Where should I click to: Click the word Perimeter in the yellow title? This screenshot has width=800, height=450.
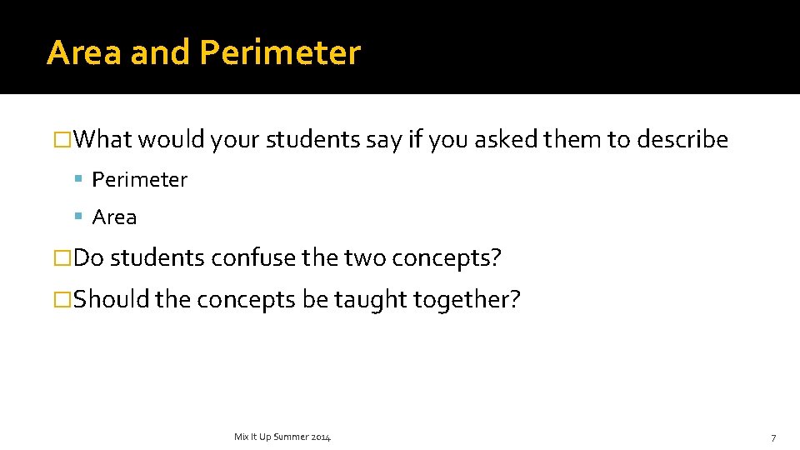280,52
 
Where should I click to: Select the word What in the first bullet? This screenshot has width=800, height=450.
103,139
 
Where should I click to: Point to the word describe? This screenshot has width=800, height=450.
682,139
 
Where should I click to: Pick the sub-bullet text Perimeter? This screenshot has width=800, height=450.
140,179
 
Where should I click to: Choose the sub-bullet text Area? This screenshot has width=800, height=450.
114,217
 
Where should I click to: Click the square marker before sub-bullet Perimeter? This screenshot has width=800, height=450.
77,179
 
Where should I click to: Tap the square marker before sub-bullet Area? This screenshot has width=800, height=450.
77,217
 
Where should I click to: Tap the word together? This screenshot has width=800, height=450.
469,300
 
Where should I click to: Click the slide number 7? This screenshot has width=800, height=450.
773,437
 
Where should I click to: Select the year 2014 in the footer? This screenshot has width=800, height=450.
321,437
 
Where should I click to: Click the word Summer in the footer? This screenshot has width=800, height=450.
290,437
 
